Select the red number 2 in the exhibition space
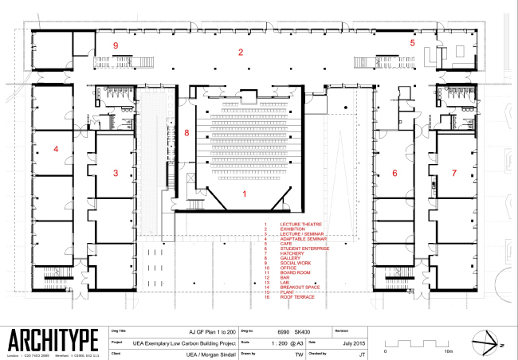coord(239,53)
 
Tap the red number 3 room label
coord(116,173)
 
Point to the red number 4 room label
coord(57,148)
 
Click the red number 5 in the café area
coord(413,42)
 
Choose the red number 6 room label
coord(394,173)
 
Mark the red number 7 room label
coord(454,173)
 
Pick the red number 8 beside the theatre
coord(186,133)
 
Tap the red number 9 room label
coord(116,46)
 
